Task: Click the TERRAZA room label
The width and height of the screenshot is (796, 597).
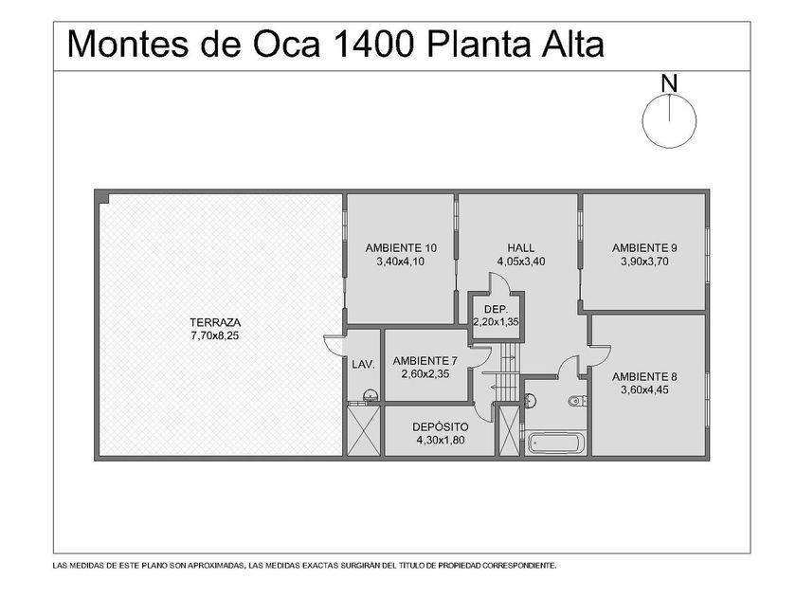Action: pos(215,322)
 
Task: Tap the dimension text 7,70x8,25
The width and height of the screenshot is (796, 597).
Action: pos(215,335)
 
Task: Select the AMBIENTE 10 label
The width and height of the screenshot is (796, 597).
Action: pos(401,248)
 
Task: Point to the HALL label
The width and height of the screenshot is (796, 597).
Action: pos(521,248)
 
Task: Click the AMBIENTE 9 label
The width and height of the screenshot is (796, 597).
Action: pos(644,248)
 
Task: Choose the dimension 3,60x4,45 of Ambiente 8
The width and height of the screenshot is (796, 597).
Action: pos(644,389)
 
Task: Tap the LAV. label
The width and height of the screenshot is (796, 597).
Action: pos(364,364)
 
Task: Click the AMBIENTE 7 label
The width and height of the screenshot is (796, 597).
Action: pos(425,361)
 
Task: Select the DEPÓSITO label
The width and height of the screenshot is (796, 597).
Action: pos(440,427)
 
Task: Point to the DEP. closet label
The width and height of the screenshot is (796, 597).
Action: pos(496,310)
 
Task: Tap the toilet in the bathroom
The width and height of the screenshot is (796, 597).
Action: pos(577,402)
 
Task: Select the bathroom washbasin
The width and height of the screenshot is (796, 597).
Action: pos(529,400)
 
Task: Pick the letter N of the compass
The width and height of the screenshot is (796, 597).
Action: pos(669,83)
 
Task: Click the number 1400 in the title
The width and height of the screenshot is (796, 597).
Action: pos(372,45)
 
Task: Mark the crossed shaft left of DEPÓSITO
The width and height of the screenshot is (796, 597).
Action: pos(364,430)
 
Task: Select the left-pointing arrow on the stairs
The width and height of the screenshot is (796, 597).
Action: pos(497,388)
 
